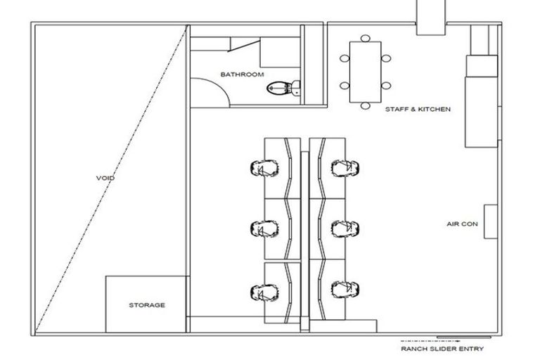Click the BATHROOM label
pos(242,75)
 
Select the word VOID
pos(105,179)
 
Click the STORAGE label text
pos(147,305)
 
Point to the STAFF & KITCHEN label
pos(417,110)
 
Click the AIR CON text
pos(462,224)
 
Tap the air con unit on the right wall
pos(490,222)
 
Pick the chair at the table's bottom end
pos(365,106)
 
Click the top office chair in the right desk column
pos(346,167)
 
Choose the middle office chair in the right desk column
pos(346,228)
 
